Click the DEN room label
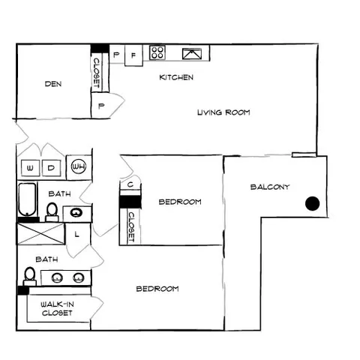click(53, 84)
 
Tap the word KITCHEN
click(176, 77)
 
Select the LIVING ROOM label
click(223, 112)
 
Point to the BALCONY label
click(270, 187)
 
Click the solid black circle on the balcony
click(312, 203)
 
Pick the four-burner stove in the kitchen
click(157, 52)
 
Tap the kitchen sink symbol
click(192, 54)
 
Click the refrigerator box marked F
click(133, 55)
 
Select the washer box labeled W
click(30, 168)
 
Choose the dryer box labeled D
click(51, 168)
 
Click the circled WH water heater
click(79, 166)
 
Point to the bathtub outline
click(27, 199)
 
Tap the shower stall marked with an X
click(41, 234)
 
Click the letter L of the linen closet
click(77, 234)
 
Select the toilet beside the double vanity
click(30, 276)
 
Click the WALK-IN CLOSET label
click(57, 308)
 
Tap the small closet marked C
click(130, 184)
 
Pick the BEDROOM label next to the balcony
click(180, 202)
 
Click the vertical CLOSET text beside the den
click(97, 73)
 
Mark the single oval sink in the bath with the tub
click(76, 213)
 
